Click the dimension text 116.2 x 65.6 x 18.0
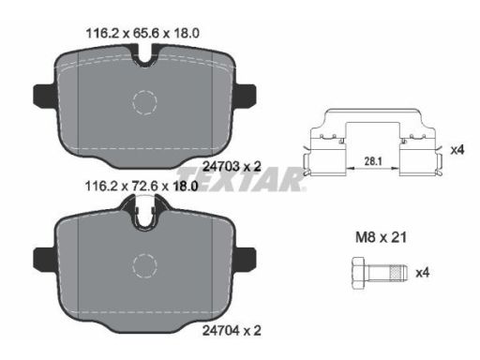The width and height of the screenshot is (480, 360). pyautogui.click(x=142, y=33)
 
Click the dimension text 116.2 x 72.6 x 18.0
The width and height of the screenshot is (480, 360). pyautogui.click(x=142, y=187)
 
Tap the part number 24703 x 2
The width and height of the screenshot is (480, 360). pyautogui.click(x=232, y=166)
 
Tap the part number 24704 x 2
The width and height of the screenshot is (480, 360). pyautogui.click(x=232, y=330)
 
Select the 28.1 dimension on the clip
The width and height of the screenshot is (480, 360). pyautogui.click(x=373, y=161)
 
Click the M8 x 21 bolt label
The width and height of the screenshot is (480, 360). pyautogui.click(x=382, y=237)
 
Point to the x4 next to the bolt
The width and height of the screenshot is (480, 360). pyautogui.click(x=423, y=273)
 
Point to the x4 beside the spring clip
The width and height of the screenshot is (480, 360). pyautogui.click(x=457, y=150)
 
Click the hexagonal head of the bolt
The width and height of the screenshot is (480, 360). pyautogui.click(x=360, y=273)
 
